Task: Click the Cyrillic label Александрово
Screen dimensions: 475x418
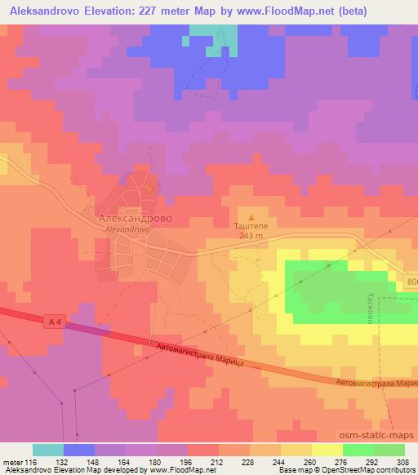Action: (x=134, y=220)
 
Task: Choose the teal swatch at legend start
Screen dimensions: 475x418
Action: (x=47, y=450)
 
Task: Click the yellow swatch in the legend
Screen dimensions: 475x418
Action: (x=327, y=450)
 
